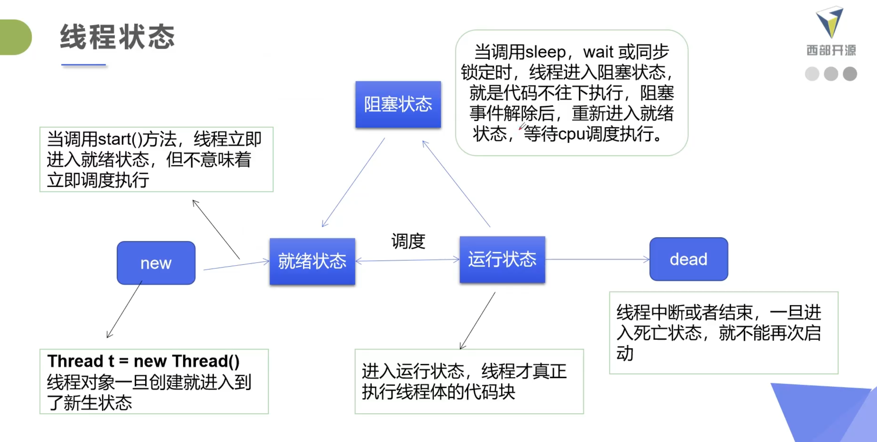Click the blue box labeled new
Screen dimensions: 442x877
tap(156, 263)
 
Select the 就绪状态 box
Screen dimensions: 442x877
tap(312, 261)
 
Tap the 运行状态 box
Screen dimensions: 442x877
tap(502, 259)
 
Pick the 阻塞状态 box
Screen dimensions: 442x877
tap(398, 104)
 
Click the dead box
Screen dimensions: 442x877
tap(688, 259)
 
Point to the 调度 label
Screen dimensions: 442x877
tap(408, 241)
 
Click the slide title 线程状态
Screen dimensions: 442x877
tap(117, 37)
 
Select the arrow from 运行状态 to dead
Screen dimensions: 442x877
tap(597, 259)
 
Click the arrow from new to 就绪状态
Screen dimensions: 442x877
tap(236, 265)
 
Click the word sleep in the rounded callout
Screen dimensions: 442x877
tap(545, 52)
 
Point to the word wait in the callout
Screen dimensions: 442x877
tap(598, 52)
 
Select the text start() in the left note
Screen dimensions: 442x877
tap(120, 139)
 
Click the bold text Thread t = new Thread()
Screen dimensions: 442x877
tap(143, 361)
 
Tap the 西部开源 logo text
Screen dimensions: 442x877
tap(831, 50)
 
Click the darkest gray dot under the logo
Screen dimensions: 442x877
tap(850, 74)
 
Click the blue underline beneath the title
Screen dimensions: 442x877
tap(84, 65)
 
